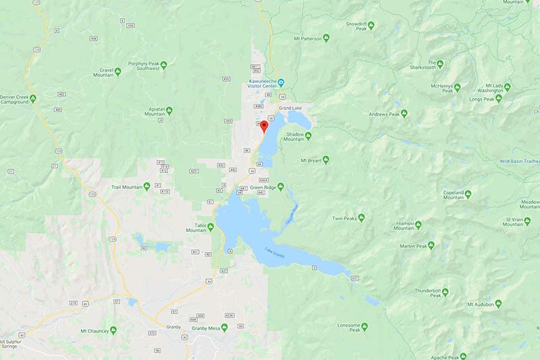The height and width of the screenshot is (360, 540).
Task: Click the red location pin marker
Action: pyautogui.click(x=264, y=126)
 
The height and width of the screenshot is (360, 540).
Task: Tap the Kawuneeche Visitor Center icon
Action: pyautogui.click(x=281, y=82)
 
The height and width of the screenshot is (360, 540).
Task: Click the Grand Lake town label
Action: pyautogui.click(x=290, y=108)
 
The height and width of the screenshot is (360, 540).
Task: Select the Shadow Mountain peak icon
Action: pyautogui.click(x=308, y=135)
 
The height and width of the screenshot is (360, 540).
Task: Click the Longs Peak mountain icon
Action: pyautogui.click(x=499, y=99)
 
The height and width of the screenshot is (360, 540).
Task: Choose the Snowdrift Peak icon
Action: pyautogui.click(x=371, y=25)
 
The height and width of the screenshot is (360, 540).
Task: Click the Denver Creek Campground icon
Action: pyautogui.click(x=32, y=99)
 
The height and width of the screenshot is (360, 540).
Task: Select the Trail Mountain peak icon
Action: pyautogui.click(x=146, y=186)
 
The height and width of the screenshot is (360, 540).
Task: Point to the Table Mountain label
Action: pyautogui.click(x=196, y=227)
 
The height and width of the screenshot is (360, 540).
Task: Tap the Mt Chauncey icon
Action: pyautogui.click(x=113, y=330)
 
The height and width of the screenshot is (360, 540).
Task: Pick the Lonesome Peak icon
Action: pyautogui.click(x=364, y=327)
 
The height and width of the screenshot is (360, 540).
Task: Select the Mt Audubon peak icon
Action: pyautogui.click(x=498, y=304)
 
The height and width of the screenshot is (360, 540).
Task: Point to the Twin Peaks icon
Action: pyautogui.click(x=361, y=217)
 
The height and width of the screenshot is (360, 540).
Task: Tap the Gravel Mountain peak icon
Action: pyautogui.click(x=118, y=70)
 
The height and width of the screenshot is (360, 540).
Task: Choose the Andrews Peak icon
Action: pyautogui.click(x=404, y=113)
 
